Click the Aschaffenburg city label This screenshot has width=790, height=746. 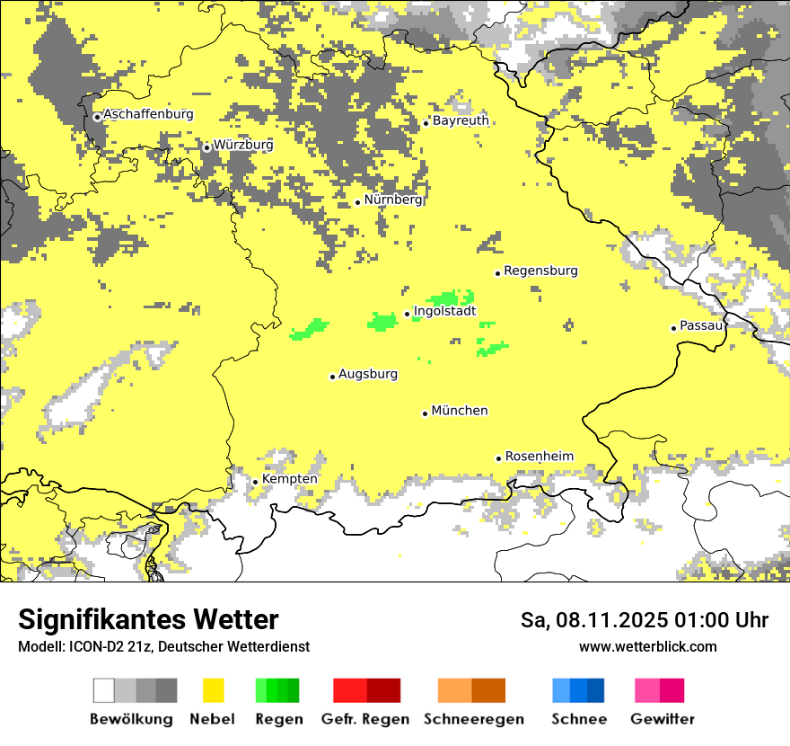[x=148, y=115]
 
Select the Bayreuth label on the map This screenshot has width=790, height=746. [x=461, y=120]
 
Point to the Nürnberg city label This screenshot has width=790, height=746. [x=393, y=200]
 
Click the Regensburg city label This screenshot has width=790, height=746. [x=540, y=271]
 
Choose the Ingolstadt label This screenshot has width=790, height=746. [x=444, y=312]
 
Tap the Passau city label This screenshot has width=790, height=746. [x=701, y=325]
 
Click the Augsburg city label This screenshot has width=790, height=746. [x=368, y=374]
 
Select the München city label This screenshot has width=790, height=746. [x=460, y=411]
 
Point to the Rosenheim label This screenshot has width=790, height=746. [x=539, y=457]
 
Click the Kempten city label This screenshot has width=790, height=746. [x=289, y=479]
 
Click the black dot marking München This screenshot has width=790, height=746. [x=425, y=413]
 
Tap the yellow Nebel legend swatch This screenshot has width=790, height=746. [x=214, y=690]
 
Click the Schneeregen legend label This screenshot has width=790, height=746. [x=474, y=719]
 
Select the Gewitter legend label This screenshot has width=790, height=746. [x=662, y=719]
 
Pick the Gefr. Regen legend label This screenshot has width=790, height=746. [x=365, y=719]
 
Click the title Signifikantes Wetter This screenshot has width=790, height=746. [x=148, y=619]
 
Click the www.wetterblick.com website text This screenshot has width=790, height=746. [x=647, y=646]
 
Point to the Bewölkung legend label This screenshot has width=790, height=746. [x=131, y=719]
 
